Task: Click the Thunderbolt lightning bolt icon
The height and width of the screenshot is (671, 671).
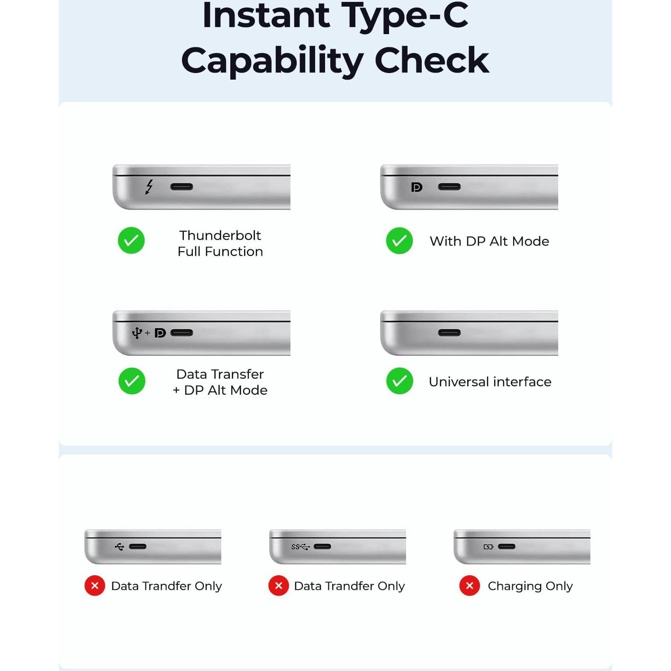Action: pyautogui.click(x=149, y=187)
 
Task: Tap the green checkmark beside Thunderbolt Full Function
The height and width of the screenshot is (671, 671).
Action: pyautogui.click(x=131, y=241)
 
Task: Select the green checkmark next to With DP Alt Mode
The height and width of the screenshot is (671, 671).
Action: pyautogui.click(x=399, y=241)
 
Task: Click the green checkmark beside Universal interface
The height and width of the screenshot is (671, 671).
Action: pyautogui.click(x=399, y=381)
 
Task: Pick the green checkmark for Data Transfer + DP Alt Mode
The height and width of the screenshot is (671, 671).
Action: pyautogui.click(x=132, y=381)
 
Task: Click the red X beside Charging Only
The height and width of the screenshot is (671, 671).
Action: pyautogui.click(x=470, y=586)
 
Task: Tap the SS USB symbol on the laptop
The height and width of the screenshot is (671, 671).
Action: pyautogui.click(x=300, y=547)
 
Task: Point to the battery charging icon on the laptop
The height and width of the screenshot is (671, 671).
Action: pyautogui.click(x=488, y=547)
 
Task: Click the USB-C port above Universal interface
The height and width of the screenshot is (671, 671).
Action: pyautogui.click(x=449, y=333)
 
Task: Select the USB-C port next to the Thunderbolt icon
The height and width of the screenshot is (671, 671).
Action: pyautogui.click(x=181, y=187)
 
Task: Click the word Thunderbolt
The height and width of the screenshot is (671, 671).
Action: pyautogui.click(x=220, y=236)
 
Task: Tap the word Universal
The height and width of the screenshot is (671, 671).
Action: pyautogui.click(x=459, y=382)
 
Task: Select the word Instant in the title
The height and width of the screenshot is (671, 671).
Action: pyautogui.click(x=266, y=16)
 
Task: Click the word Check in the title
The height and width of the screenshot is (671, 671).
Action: pyautogui.click(x=432, y=61)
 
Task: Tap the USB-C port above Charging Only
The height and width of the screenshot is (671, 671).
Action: pyautogui.click(x=507, y=547)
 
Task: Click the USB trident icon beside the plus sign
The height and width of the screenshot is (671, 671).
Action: pyautogui.click(x=137, y=333)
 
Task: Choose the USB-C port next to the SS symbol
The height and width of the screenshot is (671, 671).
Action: pyautogui.click(x=322, y=547)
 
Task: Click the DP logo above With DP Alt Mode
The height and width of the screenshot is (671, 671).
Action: pyautogui.click(x=417, y=188)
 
